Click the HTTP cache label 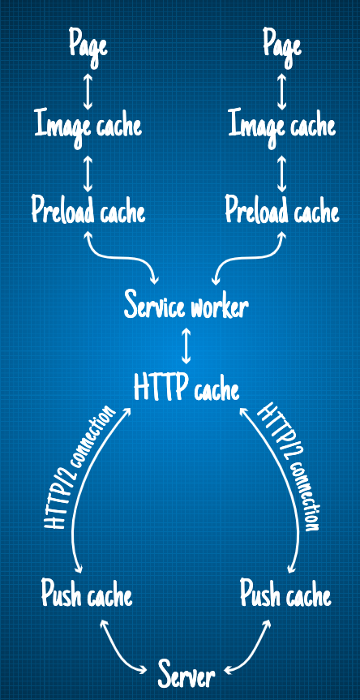point(186,387)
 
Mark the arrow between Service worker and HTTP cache point(186,346)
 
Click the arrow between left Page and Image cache point(88,91)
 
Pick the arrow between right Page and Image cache point(281,91)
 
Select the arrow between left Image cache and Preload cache point(88,174)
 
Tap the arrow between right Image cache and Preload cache point(281,174)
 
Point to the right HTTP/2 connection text point(290,466)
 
